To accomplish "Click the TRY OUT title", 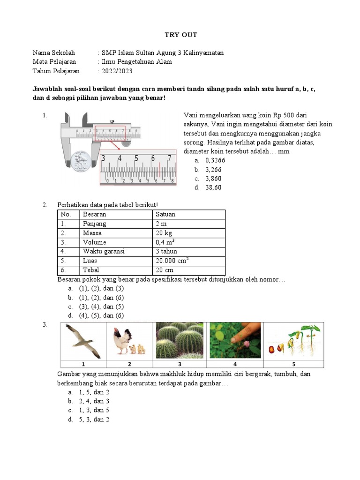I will (x=180, y=35).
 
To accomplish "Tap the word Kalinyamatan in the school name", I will (x=203, y=52).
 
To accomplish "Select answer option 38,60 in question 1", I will (x=213, y=187).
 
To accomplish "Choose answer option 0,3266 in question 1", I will (x=215, y=160).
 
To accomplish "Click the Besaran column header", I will (x=95, y=214).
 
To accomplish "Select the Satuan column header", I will (x=165, y=214).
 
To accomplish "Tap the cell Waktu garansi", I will (x=104, y=252).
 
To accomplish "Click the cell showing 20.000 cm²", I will (x=172, y=261).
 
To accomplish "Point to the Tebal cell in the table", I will (x=91, y=270).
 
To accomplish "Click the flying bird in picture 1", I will (x=82, y=341).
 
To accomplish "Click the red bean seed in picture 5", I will (x=272, y=349).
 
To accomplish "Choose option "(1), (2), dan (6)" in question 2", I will (x=101, y=298).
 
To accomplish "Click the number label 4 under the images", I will (x=234, y=364).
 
